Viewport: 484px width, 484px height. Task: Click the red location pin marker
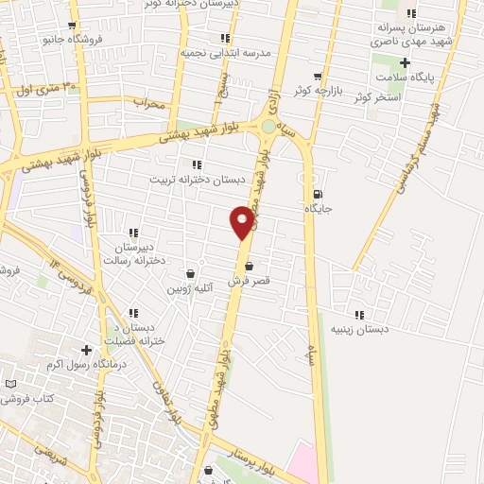point(243,221)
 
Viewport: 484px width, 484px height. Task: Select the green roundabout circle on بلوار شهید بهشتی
point(269,126)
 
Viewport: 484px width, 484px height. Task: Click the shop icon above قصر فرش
point(249,266)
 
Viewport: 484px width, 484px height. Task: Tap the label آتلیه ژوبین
point(191,286)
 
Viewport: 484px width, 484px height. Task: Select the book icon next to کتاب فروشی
point(10,385)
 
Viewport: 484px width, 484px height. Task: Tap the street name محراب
point(149,101)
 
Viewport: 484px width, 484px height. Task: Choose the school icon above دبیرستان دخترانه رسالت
point(133,233)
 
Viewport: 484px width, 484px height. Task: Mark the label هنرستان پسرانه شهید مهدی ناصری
point(412,36)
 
